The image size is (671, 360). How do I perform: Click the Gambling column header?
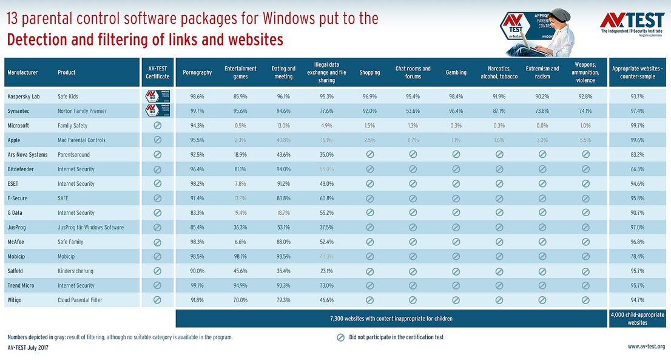pos(456,72)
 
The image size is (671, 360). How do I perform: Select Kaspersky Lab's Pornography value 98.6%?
pos(197,97)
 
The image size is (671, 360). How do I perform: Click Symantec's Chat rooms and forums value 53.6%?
pos(413,111)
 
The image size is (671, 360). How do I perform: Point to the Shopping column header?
pos(369,72)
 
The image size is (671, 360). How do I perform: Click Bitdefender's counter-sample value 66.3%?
pos(637,169)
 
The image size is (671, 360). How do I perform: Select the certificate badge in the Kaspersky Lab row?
pos(157,97)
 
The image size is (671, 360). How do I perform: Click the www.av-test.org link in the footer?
pos(646,347)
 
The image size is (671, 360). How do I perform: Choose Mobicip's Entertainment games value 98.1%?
pos(240,256)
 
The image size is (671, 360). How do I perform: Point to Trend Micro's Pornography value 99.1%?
pos(197,285)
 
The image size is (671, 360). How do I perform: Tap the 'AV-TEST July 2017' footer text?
pos(28,347)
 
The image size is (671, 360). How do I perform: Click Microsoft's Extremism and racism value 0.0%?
pos(542,126)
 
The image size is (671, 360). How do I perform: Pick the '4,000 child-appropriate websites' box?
pos(637,318)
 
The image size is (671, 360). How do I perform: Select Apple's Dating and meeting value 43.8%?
pos(283,140)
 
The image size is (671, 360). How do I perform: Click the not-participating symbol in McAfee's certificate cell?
pos(157,242)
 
